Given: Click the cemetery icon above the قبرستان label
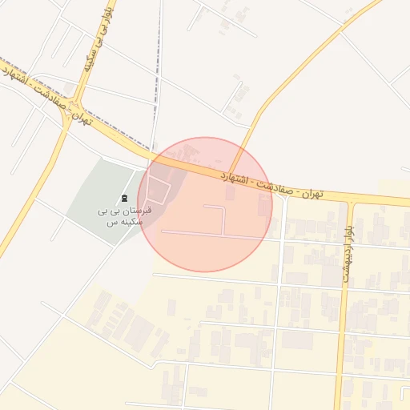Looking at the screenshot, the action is pos(124,198).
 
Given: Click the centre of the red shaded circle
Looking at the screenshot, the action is pos(205,204).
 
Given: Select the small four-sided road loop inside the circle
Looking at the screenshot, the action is pos(158,191).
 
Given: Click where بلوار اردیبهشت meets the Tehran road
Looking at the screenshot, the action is pos(350,199).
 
